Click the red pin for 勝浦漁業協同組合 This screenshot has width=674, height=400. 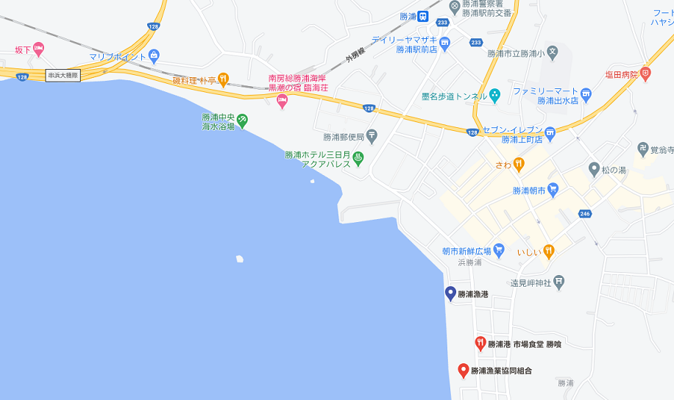coord(463,370)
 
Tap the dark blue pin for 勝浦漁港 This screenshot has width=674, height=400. coord(450,293)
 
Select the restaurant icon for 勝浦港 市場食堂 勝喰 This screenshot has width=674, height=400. coord(480,343)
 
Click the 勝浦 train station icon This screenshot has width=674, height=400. coord(424,16)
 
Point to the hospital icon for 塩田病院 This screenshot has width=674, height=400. coord(645,74)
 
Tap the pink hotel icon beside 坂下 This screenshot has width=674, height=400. coord(38,49)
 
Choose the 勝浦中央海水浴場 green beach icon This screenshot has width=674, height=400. coord(242,121)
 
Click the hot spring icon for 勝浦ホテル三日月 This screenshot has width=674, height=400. coord(358,157)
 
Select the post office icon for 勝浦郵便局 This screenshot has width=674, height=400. coord(372,135)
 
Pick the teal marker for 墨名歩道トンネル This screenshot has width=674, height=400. coord(494,95)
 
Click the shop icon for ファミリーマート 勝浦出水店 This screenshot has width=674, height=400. coord(586,93)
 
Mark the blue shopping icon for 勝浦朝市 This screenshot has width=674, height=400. coord(553,190)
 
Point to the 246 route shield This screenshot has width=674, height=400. coord(585,213)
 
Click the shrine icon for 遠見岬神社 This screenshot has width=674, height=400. coord(559,280)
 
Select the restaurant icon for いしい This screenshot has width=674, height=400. coord(548,251)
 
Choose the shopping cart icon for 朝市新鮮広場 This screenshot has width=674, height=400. coord(498,249)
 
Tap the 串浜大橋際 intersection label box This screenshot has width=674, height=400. coord(63,75)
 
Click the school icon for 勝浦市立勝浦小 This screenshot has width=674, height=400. coord(553,54)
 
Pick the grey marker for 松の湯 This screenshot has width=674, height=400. coord(594,170)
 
